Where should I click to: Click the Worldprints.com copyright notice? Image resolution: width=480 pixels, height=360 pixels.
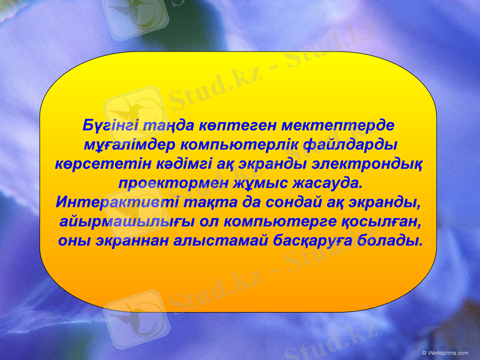[x=445, y=353]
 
